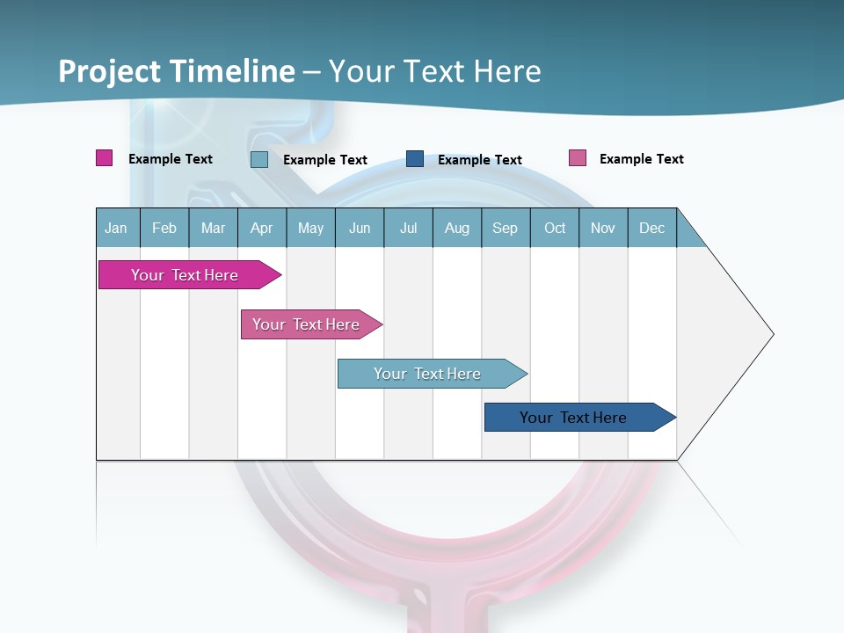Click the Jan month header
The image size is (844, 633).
click(x=116, y=228)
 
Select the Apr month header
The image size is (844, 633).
click(x=261, y=228)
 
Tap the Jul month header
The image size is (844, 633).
click(x=408, y=228)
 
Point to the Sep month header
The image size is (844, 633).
click(x=505, y=228)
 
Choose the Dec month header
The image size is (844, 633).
click(x=651, y=228)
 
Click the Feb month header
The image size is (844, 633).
click(x=164, y=228)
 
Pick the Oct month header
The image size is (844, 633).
click(x=555, y=228)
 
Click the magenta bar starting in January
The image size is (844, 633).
click(x=185, y=275)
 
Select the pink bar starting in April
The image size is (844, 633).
click(x=306, y=324)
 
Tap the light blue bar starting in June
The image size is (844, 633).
click(x=427, y=374)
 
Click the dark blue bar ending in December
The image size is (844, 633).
click(x=573, y=418)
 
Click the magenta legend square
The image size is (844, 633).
click(x=104, y=158)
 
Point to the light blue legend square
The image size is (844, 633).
click(x=259, y=159)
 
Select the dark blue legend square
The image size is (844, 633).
click(x=415, y=159)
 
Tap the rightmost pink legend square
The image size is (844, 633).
click(x=577, y=158)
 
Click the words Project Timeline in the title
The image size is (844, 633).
click(x=176, y=71)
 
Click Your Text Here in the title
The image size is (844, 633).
click(x=434, y=71)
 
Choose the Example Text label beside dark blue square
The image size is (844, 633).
click(x=480, y=160)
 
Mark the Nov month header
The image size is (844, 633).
click(x=603, y=228)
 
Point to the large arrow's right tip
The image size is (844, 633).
click(x=773, y=334)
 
